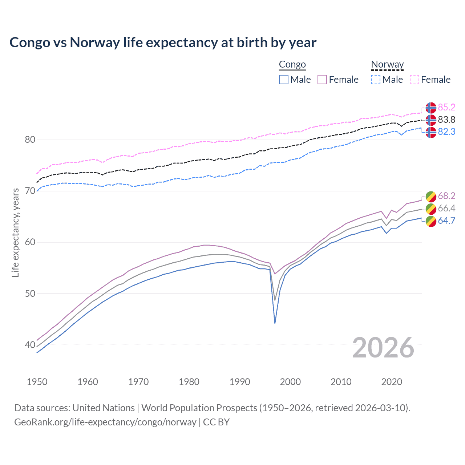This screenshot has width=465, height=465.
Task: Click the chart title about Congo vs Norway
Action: pyautogui.click(x=163, y=43)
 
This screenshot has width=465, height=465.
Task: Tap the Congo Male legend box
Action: pyautogui.click(x=284, y=80)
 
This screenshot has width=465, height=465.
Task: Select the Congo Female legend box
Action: pyautogui.click(x=322, y=80)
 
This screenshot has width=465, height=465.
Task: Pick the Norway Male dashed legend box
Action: pyautogui.click(x=376, y=80)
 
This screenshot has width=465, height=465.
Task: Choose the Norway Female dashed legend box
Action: pyautogui.click(x=415, y=80)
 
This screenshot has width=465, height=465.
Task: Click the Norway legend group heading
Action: pyautogui.click(x=387, y=65)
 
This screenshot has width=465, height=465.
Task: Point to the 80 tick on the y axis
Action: pyautogui.click(x=30, y=140)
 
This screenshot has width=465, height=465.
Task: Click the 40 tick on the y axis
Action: pyautogui.click(x=30, y=345)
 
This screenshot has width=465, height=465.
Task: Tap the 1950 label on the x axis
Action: pyautogui.click(x=37, y=382)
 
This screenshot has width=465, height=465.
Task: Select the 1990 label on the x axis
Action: pyautogui.click(x=240, y=382)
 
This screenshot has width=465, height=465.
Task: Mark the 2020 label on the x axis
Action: pyautogui.click(x=392, y=382)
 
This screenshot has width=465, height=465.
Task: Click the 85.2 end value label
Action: pyautogui.click(x=446, y=107)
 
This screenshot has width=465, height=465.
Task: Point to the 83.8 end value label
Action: pyautogui.click(x=446, y=120)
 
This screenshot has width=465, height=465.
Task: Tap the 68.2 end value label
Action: pyautogui.click(x=446, y=196)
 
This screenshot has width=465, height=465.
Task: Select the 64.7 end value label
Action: pyautogui.click(x=446, y=221)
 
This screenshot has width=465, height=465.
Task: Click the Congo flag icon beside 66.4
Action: pyautogui.click(x=431, y=209)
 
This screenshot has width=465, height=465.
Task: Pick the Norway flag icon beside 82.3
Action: pyautogui.click(x=431, y=132)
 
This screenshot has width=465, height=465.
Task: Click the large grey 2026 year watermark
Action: pyautogui.click(x=383, y=348)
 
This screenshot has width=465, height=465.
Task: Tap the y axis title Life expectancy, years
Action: pyautogui.click(x=16, y=232)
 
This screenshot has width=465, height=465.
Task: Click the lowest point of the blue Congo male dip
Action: pyautogui.click(x=275, y=323)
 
